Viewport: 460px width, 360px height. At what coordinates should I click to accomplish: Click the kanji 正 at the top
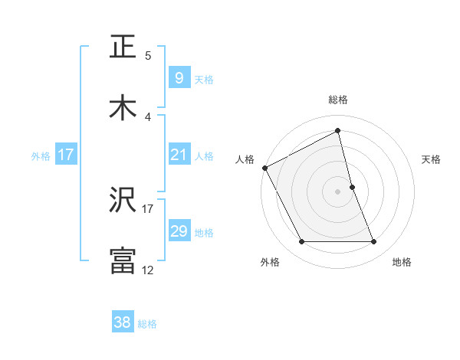click(123, 47)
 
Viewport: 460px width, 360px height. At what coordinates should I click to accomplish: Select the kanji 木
click(123, 108)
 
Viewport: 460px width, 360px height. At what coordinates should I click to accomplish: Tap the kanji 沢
click(123, 201)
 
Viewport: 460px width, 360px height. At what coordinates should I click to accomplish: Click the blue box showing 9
click(179, 78)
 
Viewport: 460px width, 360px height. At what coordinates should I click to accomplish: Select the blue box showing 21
click(179, 155)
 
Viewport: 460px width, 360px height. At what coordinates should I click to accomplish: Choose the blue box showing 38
click(122, 323)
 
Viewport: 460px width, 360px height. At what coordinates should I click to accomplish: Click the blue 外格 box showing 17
click(66, 155)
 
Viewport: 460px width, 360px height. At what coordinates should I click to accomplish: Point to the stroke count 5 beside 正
click(148, 55)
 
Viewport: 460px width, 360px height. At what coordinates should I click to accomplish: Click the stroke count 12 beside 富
click(148, 270)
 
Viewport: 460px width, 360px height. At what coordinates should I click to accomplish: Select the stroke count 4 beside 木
click(148, 116)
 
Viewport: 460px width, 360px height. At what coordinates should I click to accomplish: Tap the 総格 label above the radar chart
click(338, 100)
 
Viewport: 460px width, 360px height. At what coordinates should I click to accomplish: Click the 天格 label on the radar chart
click(432, 159)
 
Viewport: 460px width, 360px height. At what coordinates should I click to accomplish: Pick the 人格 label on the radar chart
click(245, 159)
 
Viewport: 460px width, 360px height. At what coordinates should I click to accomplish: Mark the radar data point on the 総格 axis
click(338, 131)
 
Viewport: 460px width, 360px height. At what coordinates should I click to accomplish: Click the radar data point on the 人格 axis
click(264, 167)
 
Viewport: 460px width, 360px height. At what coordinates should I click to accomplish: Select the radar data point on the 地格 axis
click(374, 242)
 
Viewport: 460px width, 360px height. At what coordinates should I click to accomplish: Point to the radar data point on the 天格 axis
click(352, 187)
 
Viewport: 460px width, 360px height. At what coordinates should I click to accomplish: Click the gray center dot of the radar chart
click(338, 191)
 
